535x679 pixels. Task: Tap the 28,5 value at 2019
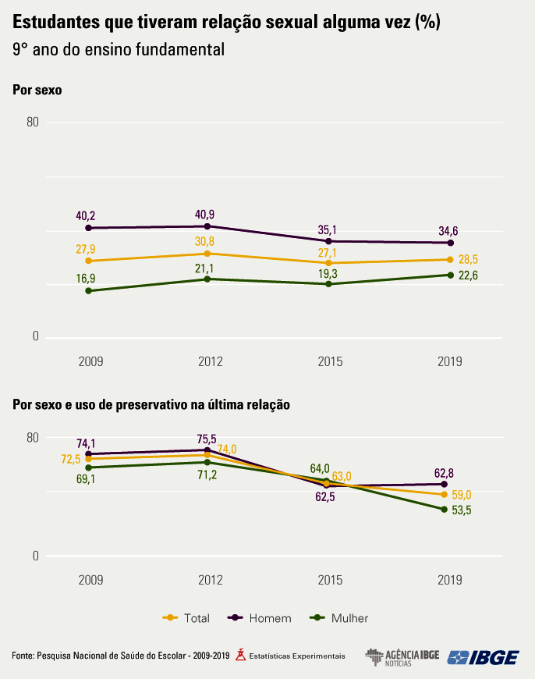[468, 259]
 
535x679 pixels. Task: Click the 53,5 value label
[462, 510]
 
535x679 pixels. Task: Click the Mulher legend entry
[339, 618]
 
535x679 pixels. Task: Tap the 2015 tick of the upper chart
[330, 361]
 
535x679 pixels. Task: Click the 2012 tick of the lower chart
[211, 580]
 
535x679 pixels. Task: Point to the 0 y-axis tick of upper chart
[35, 337]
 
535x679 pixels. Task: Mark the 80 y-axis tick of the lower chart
[32, 437]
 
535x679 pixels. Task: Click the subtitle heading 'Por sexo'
[37, 90]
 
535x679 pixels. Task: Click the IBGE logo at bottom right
[484, 657]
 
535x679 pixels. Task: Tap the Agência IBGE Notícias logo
[402, 657]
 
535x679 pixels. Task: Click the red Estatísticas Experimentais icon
[241, 654]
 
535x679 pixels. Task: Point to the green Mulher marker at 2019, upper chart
[451, 275]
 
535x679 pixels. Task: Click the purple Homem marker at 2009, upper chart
[88, 228]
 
